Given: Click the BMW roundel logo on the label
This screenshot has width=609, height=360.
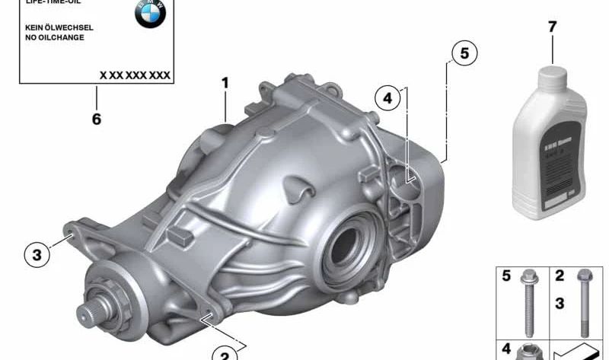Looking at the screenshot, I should tap(151, 14).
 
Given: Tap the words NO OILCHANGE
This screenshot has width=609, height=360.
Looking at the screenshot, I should tap(54, 37).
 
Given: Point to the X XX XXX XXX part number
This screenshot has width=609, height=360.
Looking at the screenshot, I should tap(135, 75).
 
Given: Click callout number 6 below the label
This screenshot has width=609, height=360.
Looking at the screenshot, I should tap(97, 119).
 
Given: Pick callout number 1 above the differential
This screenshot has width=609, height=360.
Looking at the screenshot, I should tap(225, 82).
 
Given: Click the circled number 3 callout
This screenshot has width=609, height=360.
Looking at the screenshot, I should tap(37, 255).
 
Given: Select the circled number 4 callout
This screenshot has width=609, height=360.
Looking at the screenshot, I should tap(387, 97).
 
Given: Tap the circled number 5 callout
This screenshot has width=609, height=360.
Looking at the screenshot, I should tap(464, 53).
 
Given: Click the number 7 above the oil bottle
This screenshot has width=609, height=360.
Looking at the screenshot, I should tap(552, 27).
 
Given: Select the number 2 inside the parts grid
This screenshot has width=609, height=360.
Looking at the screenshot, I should tap(559, 276).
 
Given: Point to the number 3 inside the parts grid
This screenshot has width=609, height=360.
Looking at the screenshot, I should tap(559, 304).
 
